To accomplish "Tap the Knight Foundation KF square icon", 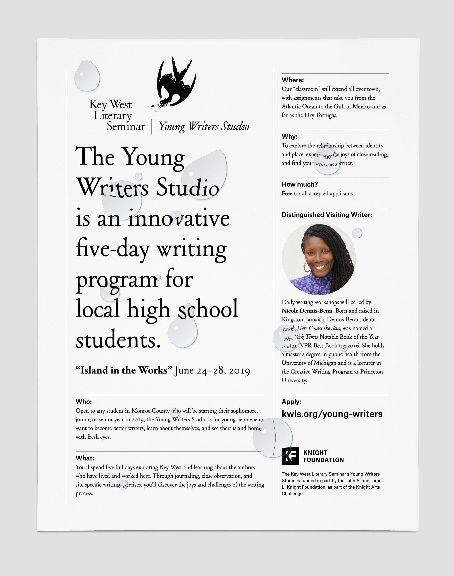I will pyautogui.click(x=290, y=456).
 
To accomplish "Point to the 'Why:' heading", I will pyautogui.click(x=289, y=137).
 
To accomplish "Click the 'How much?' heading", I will pyautogui.click(x=300, y=184).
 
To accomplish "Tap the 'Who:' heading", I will pyautogui.click(x=84, y=402).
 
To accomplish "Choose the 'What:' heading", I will pyautogui.click(x=85, y=458).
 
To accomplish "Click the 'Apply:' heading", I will pyautogui.click(x=291, y=402).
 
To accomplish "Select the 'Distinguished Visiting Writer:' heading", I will pyautogui.click(x=327, y=215).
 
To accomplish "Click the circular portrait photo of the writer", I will pyautogui.click(x=318, y=258).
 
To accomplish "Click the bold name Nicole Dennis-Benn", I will pyautogui.click(x=307, y=311).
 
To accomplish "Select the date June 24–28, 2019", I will pyautogui.click(x=212, y=371).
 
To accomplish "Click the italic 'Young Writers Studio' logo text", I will pyautogui.click(x=204, y=126).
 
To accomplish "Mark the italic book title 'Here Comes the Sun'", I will pyautogui.click(x=318, y=328).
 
